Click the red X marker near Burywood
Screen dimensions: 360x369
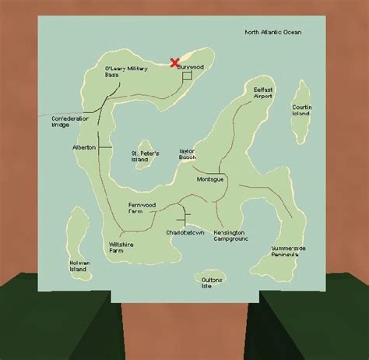tap(174, 62)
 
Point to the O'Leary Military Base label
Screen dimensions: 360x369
tap(125, 73)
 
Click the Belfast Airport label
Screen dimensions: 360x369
tap(264, 94)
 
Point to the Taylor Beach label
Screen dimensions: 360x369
tap(188, 154)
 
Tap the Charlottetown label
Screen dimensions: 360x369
tap(184, 233)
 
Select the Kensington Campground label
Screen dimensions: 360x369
tap(230, 236)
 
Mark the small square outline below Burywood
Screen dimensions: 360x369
tap(186, 78)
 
